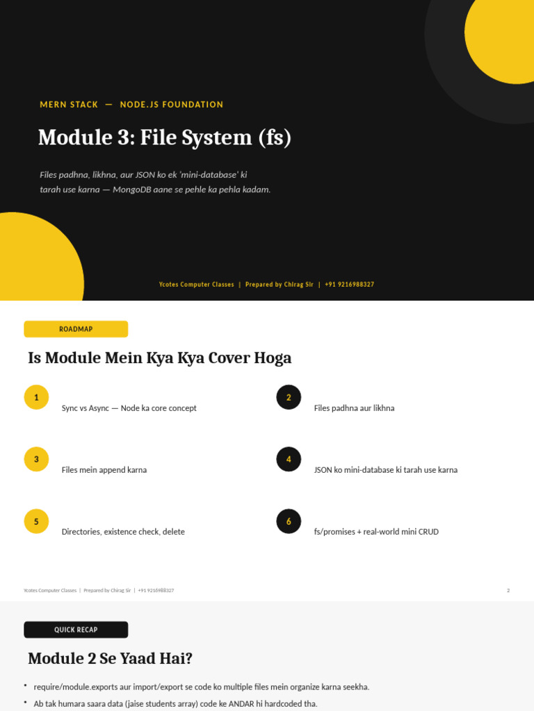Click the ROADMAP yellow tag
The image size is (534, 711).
76,329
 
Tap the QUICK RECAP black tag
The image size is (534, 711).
76,630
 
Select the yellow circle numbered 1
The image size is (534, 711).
36,397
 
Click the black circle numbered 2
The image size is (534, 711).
289,397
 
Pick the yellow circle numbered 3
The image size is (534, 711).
36,460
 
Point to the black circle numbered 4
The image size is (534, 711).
289,460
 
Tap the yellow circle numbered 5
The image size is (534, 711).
36,521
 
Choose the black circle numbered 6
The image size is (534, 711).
289,521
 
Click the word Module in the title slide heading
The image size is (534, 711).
75,137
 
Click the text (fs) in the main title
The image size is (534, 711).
275,138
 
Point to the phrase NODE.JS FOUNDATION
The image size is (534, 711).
172,105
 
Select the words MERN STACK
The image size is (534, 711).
69,105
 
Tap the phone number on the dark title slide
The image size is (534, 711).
350,285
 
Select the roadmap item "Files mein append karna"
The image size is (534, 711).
104,470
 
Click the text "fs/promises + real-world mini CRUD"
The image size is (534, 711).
376,532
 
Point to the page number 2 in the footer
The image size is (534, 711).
508,590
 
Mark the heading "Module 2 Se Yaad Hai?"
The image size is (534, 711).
111,658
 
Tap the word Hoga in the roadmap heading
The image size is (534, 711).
273,358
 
